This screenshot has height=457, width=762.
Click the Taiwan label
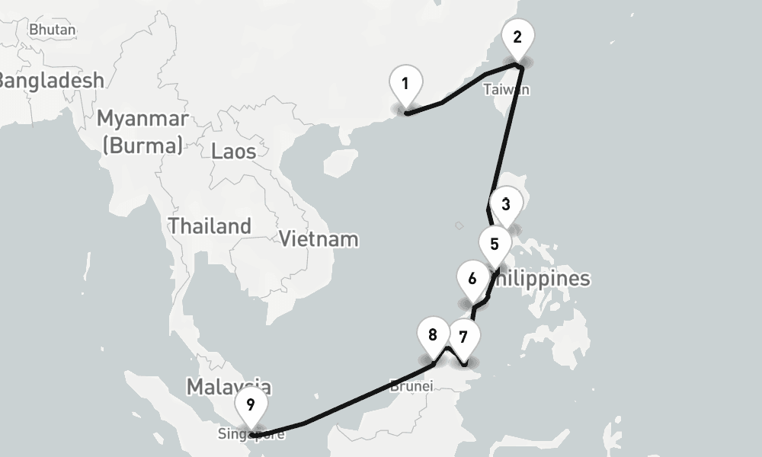[506, 90]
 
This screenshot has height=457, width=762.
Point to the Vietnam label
[319, 238]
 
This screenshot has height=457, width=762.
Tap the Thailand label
[210, 226]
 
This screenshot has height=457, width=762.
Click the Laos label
[234, 151]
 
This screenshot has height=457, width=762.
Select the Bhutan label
[53, 30]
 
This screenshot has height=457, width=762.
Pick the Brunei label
[411, 385]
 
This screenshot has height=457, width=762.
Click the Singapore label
[251, 435]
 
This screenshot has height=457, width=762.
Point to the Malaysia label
[229, 386]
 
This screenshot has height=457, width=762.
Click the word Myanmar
[142, 120]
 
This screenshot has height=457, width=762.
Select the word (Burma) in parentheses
[142, 145]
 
